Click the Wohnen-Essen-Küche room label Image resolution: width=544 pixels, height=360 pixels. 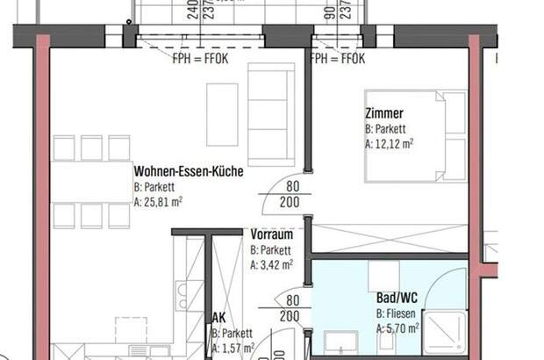[188, 172]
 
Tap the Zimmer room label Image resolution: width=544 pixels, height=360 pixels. [383, 113]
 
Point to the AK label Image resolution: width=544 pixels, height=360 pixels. [218, 320]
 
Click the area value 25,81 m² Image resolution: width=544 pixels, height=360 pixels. [158, 201]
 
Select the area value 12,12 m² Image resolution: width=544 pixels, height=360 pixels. [389, 143]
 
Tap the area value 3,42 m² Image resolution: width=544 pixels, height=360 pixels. [271, 263]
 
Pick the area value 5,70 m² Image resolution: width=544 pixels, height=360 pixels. [397, 328]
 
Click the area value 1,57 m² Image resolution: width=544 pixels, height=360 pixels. [233, 349]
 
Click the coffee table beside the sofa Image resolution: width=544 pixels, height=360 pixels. [222, 113]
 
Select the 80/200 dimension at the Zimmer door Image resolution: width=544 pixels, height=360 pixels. [293, 193]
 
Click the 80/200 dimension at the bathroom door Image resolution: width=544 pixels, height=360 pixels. [293, 308]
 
